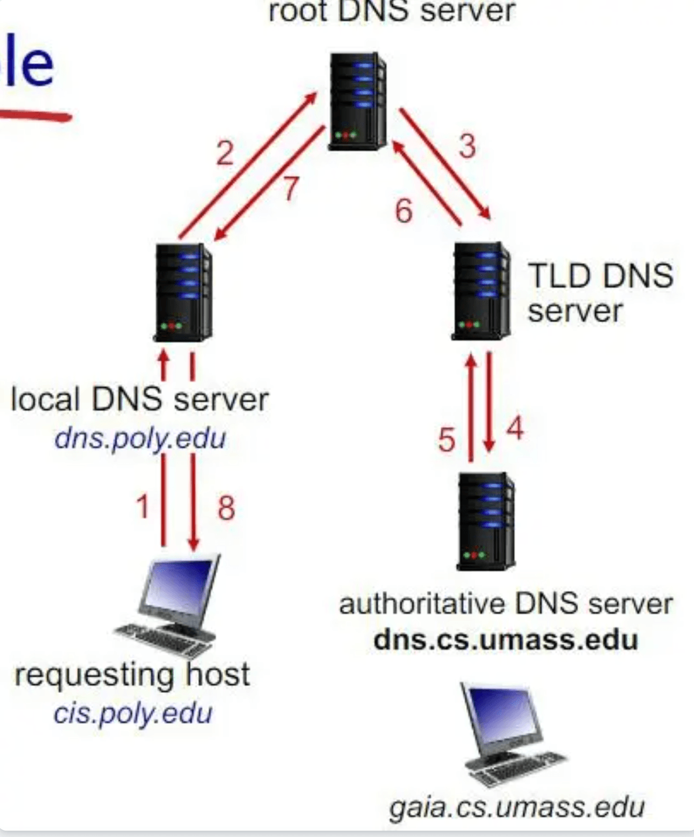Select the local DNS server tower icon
(x=183, y=292)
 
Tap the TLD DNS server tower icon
(x=481, y=291)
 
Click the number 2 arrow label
(x=225, y=153)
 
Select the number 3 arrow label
(x=467, y=145)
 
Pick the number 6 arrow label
(x=404, y=210)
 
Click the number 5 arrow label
(x=446, y=440)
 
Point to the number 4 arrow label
(x=515, y=429)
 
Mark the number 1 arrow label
(x=143, y=506)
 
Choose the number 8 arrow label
(x=226, y=508)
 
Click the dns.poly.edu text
(x=140, y=439)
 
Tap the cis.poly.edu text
(x=133, y=713)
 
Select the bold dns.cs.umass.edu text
(x=505, y=640)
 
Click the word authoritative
(x=422, y=604)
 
